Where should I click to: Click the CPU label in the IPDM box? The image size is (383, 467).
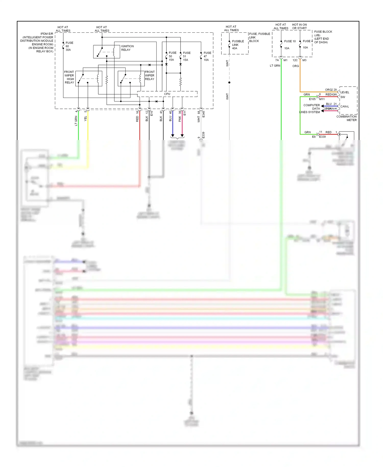click(167, 94)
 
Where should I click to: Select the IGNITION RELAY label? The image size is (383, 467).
click(127, 48)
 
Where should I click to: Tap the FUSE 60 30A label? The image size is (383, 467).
click(69, 46)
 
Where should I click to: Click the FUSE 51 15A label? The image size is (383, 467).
click(186, 56)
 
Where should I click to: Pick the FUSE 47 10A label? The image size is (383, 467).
click(207, 56)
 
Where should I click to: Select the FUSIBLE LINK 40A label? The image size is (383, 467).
click(238, 45)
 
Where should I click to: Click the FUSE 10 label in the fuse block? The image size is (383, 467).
click(290, 41)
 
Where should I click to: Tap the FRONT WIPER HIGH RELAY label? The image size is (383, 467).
click(69, 77)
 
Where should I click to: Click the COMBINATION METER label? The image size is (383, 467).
click(346, 118)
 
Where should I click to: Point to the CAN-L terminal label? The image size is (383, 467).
click(344, 107)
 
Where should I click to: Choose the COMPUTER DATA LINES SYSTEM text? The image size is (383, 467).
click(310, 109)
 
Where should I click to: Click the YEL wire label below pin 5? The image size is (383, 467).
click(86, 119)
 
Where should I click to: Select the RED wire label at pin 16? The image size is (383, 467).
click(137, 119)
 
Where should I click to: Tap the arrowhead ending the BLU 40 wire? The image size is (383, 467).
click(173, 135)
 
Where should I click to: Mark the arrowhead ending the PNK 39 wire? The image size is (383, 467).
click(182, 135)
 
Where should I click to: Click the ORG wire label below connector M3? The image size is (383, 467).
click(295, 66)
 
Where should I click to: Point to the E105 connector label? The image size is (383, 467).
click(312, 99)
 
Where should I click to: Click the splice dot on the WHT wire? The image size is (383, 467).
click(229, 83)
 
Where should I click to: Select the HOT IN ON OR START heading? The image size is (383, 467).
click(299, 27)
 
